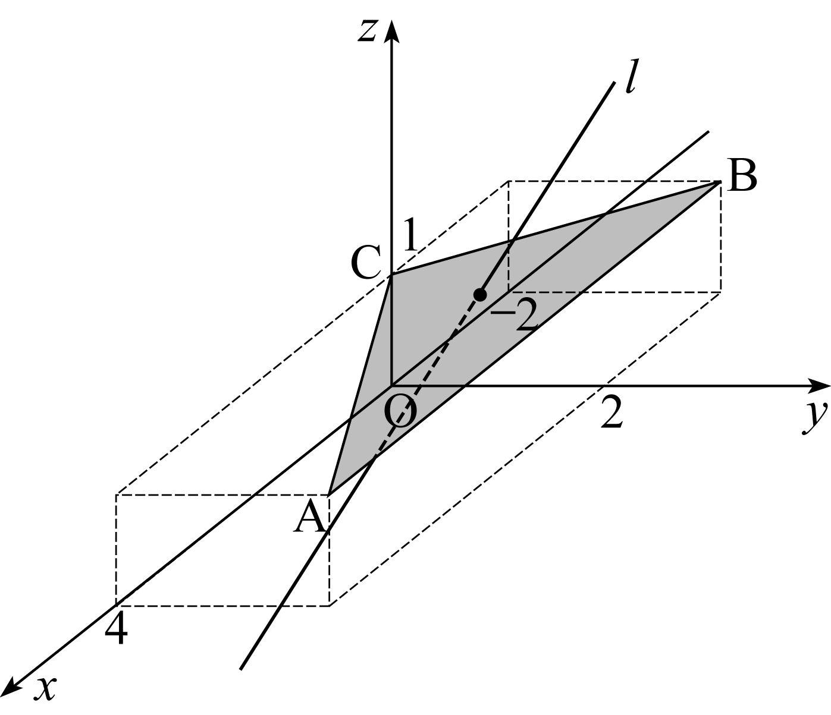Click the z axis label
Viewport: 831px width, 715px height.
click(368, 32)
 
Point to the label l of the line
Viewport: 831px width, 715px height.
click(632, 76)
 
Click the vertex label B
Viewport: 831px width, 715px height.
click(742, 176)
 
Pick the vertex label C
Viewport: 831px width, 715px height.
click(365, 262)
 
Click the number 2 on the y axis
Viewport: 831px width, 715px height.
click(612, 412)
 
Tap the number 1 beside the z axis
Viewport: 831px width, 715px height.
click(410, 235)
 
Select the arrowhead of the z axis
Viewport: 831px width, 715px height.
click(391, 30)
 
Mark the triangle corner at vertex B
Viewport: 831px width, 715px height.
click(720, 182)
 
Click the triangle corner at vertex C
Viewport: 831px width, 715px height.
click(391, 275)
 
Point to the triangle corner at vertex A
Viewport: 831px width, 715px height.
click(330, 494)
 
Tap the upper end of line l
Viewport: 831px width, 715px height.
click(614, 83)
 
